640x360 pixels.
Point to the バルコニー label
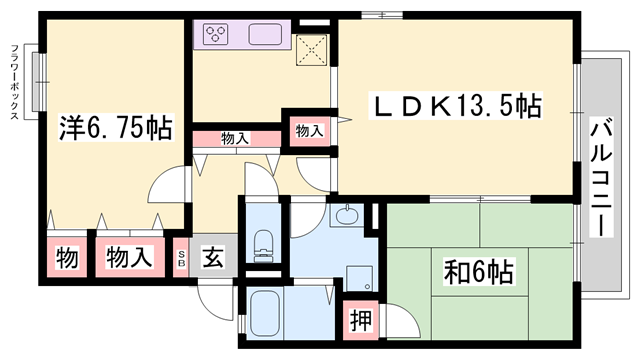(600, 175)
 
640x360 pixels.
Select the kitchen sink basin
(265, 35)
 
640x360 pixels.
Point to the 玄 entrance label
(214, 256)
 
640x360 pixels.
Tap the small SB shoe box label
(181, 256)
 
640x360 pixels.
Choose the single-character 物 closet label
(66, 256)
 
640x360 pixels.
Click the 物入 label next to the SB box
(130, 256)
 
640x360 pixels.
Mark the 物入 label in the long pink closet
(235, 139)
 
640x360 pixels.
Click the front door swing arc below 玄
(212, 298)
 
